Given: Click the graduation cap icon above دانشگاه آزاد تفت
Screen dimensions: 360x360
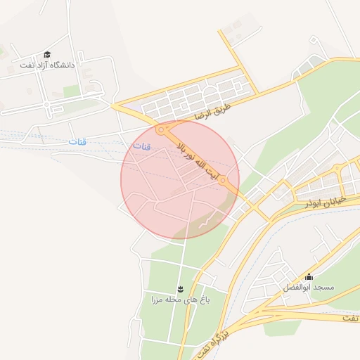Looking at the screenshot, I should pos(47,54).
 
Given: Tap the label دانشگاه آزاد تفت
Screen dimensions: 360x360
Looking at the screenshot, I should pos(47,65).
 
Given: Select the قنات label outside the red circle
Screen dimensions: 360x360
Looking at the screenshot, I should pos(77,141).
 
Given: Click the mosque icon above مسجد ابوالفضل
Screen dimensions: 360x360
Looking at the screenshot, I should pos(309,276).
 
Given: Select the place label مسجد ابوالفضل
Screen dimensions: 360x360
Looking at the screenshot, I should pos(309,288).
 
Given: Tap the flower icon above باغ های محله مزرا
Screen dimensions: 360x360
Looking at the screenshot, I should pos(180,289).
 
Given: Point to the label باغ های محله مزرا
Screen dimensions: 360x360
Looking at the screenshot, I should pos(180,300).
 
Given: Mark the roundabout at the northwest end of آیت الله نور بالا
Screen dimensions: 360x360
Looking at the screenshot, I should pos(162,130).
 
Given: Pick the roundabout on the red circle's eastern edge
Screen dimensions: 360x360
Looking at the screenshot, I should pos(224,181).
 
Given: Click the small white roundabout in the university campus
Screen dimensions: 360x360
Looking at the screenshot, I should pos(47,105).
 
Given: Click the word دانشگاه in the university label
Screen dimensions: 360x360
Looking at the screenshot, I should pos(62,65).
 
